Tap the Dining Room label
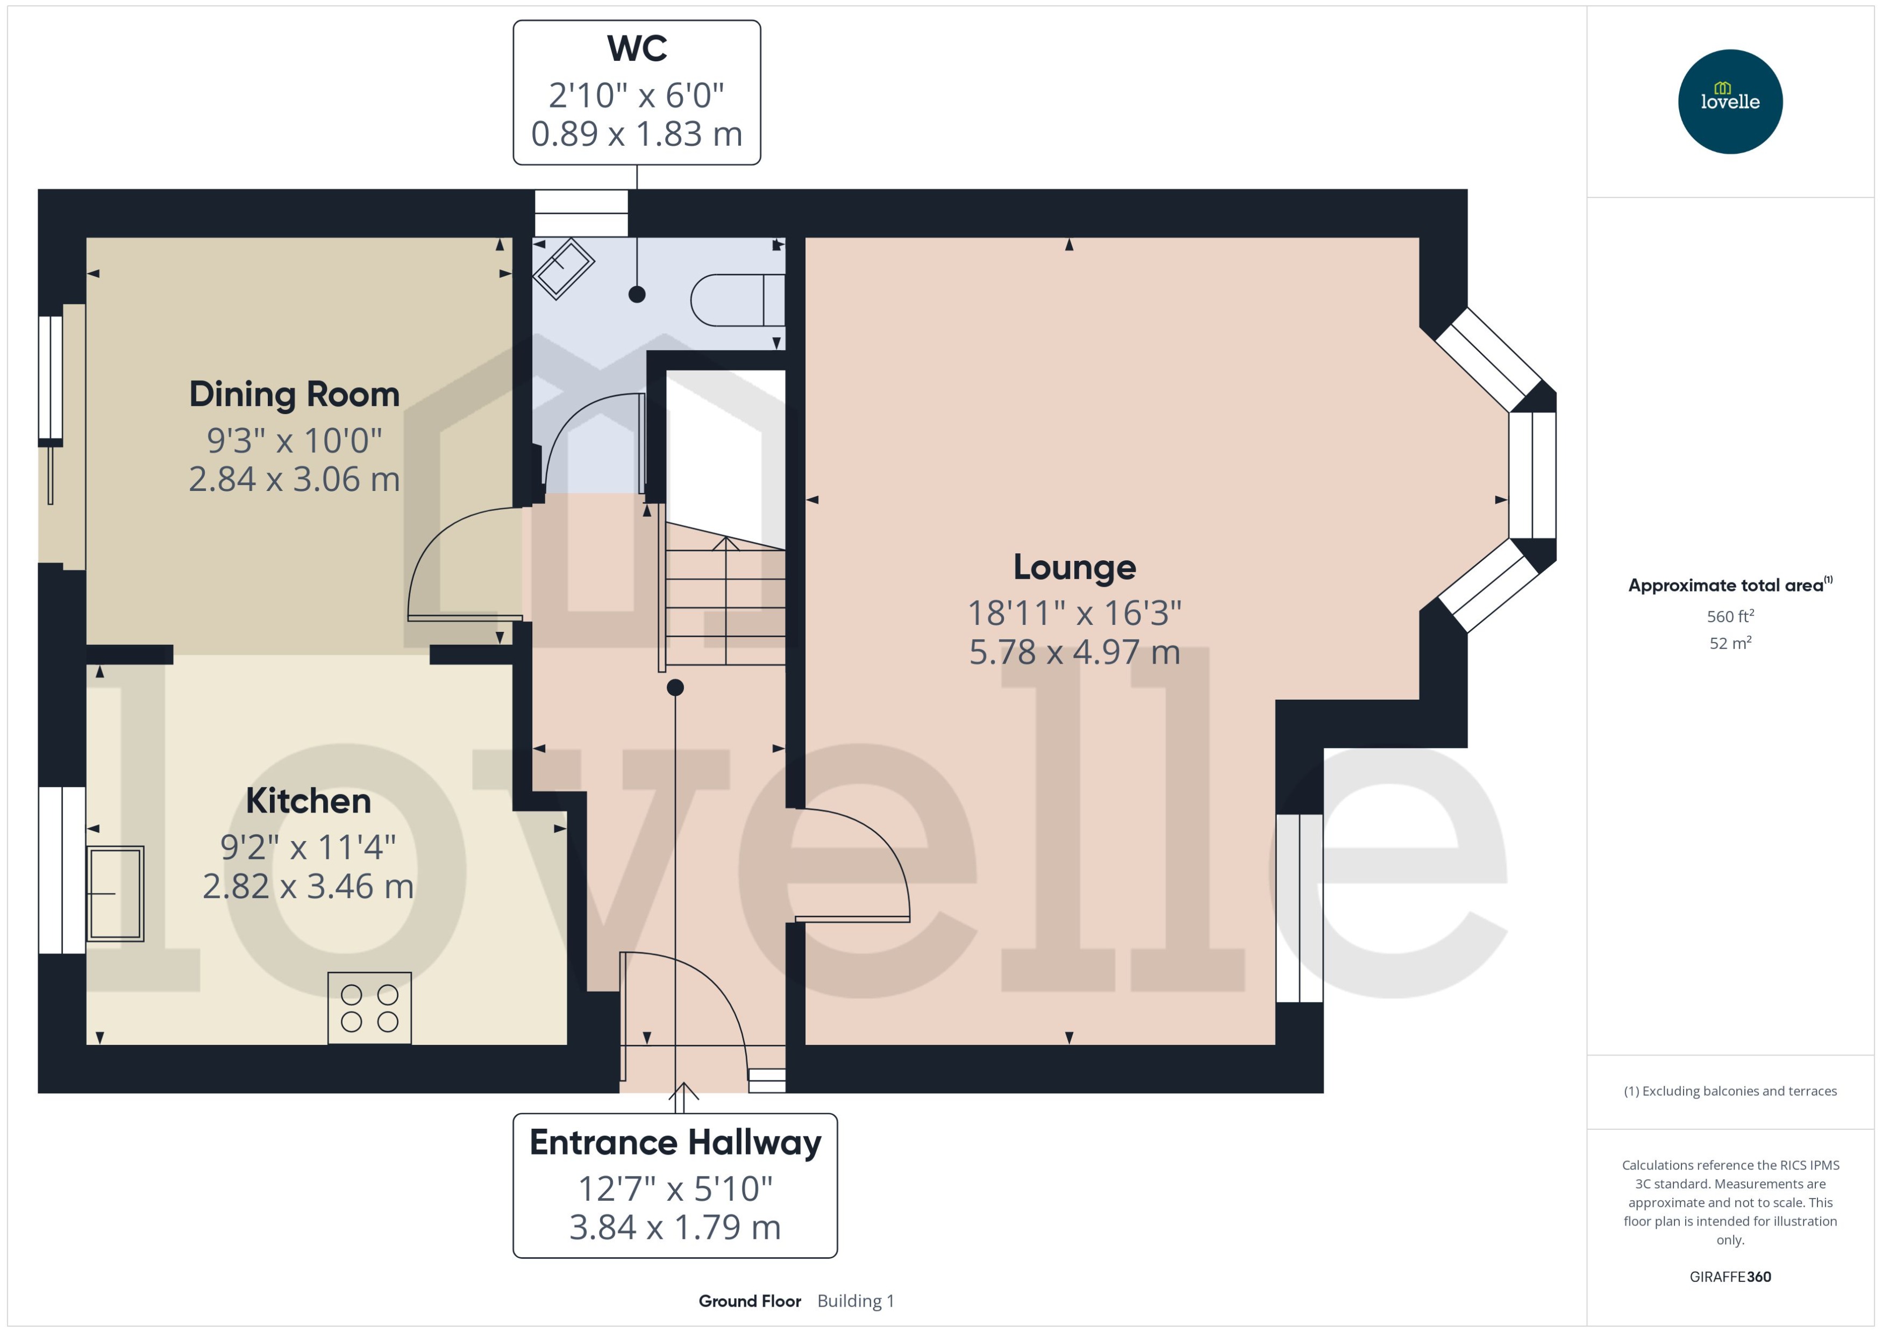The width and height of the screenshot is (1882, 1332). (294, 395)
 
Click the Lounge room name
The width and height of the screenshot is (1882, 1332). (1074, 567)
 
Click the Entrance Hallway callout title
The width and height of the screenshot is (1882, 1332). (675, 1143)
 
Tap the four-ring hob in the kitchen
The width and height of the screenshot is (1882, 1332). (369, 1008)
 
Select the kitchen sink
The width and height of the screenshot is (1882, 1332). (116, 893)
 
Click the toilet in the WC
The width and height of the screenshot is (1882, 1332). (736, 300)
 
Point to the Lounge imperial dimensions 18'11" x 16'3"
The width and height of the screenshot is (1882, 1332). (1074, 612)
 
